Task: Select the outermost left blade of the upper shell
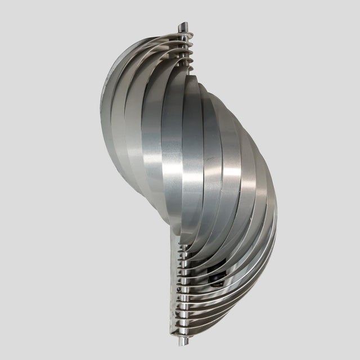pyautogui.click(x=110, y=96)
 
